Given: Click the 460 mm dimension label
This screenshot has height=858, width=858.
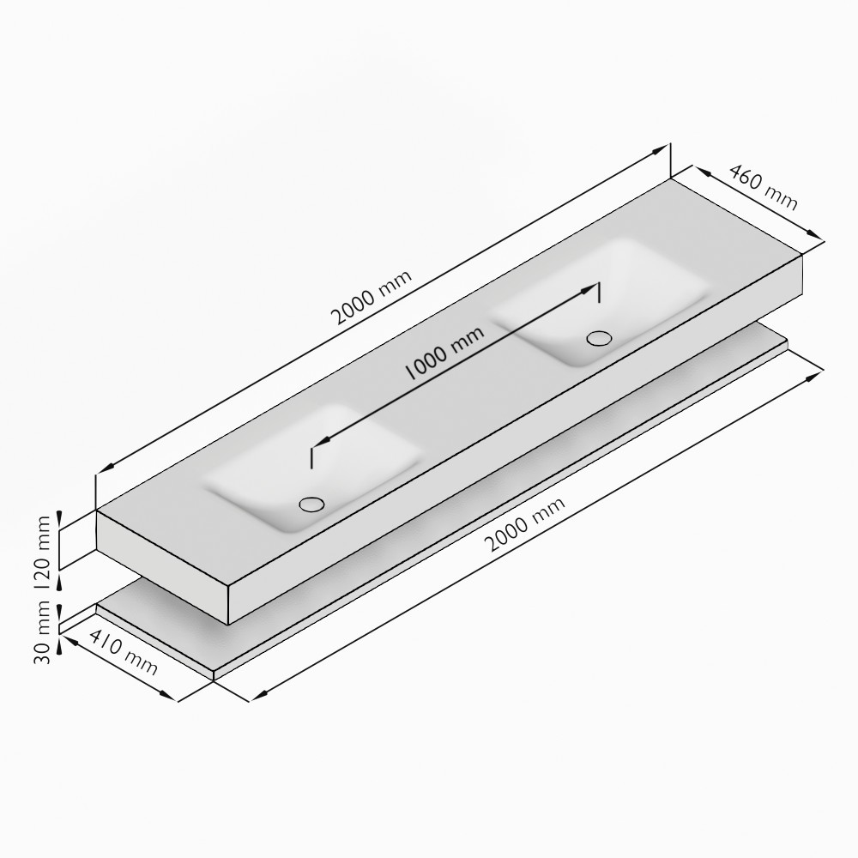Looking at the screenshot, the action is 764,187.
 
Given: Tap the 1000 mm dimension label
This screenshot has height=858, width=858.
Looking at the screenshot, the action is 444,353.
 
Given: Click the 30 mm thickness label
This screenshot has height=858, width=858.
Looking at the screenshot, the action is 43,632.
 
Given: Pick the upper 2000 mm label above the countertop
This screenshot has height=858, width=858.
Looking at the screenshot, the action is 372,298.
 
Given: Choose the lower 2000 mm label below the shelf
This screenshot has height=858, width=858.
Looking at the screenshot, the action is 525,524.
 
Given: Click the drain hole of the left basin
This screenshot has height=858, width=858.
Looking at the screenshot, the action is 312,504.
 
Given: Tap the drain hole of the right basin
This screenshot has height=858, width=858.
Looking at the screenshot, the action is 599,338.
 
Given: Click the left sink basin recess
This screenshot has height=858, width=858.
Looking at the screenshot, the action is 312,468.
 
